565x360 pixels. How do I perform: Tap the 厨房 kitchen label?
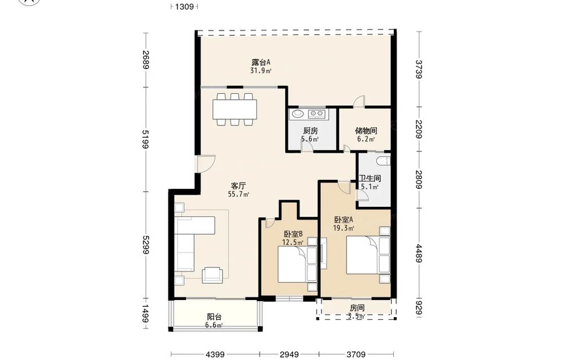coord(310,131)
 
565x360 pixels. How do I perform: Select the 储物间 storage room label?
coord(366,131)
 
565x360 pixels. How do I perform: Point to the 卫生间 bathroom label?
coord(370,179)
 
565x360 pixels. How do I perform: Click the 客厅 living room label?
coord(238,186)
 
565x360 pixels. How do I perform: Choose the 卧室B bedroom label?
coord(293,233)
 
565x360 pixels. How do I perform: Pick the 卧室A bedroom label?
coord(344,219)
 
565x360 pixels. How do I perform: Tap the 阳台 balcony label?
coord(214,317)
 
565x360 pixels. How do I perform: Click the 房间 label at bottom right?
coord(357,308)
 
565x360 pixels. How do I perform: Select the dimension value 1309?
coord(185,6)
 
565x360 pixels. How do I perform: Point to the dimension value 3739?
coord(419,68)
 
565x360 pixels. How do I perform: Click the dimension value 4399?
coord(215,354)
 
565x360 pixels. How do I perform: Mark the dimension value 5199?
coord(145,139)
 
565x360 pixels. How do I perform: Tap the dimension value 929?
coord(419,308)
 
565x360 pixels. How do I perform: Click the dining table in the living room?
coord(234,109)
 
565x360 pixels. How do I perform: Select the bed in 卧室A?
coord(368,255)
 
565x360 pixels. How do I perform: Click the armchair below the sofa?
coord(212,275)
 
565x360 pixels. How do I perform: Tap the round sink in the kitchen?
coord(298,114)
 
